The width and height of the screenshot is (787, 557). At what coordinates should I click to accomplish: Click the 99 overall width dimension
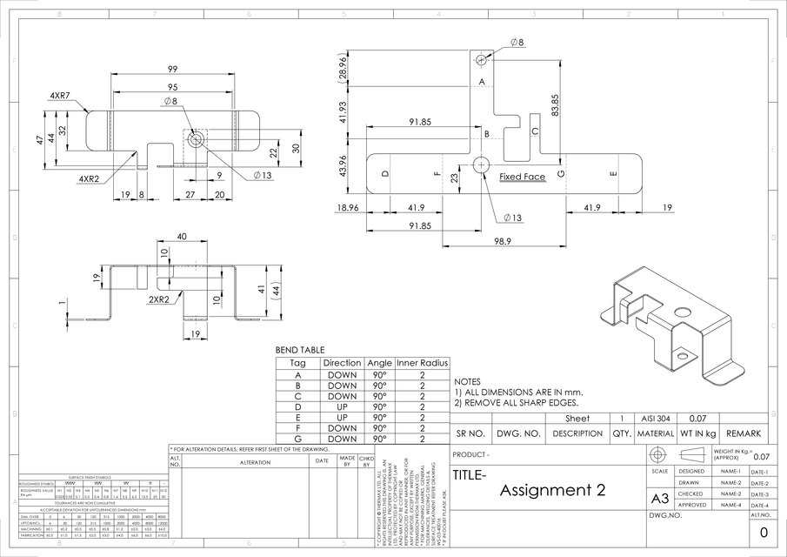[x=173, y=69]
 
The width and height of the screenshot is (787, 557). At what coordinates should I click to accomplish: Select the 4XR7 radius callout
[x=61, y=95]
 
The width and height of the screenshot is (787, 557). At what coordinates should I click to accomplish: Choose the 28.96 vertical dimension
[x=344, y=67]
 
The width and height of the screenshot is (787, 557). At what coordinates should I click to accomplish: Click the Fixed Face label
[x=522, y=177]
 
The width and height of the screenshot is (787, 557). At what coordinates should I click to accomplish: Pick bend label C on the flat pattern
[x=535, y=131]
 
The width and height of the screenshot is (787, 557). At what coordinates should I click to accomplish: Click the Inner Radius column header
[x=422, y=363]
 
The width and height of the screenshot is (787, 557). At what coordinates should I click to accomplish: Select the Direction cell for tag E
[x=342, y=417]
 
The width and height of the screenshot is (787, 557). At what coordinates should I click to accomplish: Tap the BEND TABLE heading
[x=300, y=350]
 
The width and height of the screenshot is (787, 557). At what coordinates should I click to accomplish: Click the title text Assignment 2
[x=552, y=490]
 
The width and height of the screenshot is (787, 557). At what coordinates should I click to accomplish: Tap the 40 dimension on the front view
[x=181, y=237]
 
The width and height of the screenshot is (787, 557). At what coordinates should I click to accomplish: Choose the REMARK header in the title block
[x=744, y=433]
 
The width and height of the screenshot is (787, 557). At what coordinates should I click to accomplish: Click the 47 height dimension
[x=40, y=139]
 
